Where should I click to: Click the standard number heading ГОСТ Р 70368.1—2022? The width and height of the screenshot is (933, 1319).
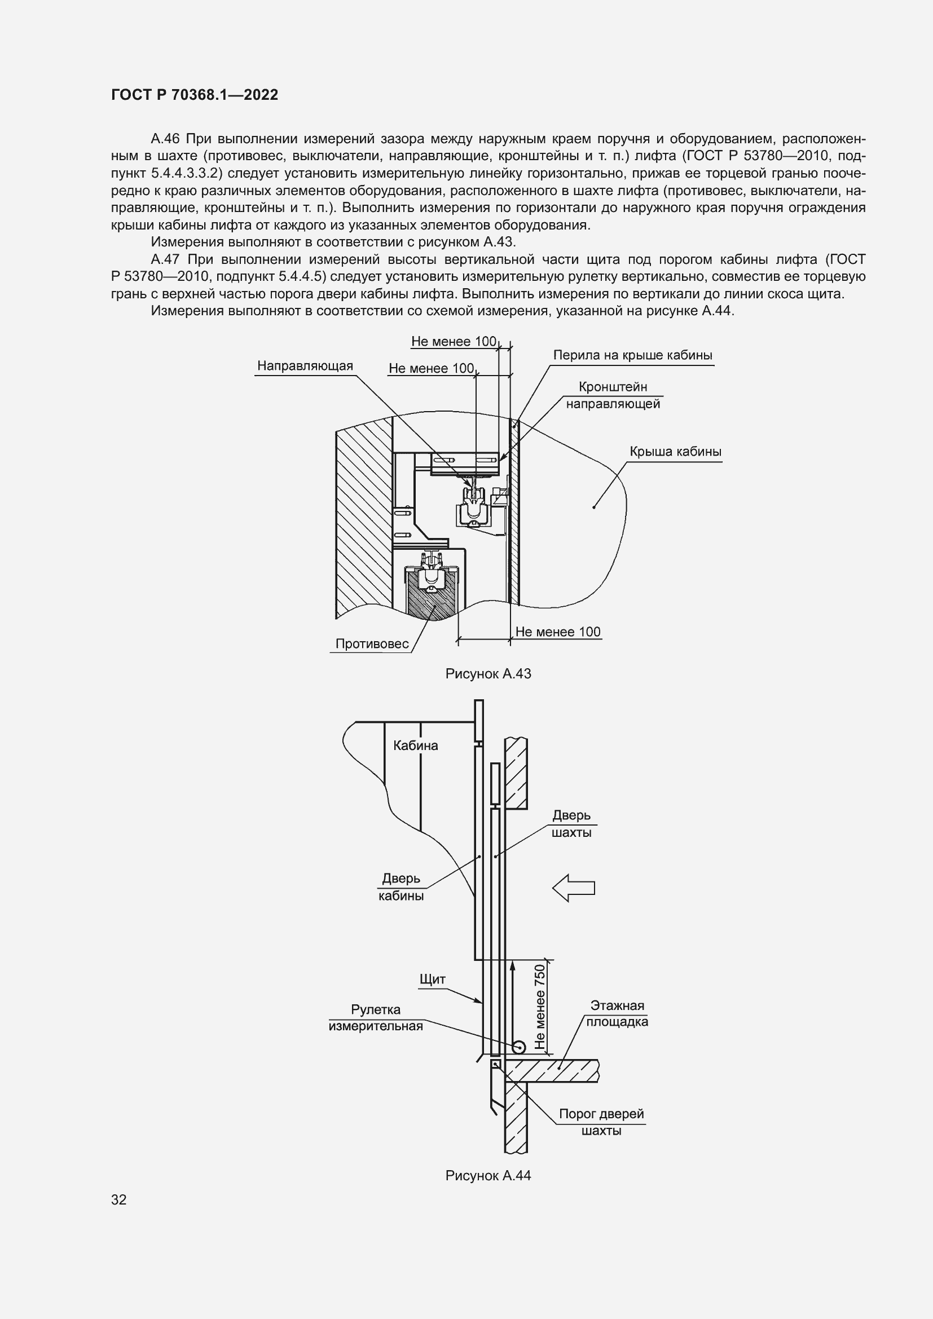click(194, 95)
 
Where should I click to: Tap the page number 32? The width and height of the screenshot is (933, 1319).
click(119, 1199)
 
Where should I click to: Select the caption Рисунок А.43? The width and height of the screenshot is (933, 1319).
click(488, 674)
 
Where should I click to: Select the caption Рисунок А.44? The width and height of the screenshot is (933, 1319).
click(488, 1175)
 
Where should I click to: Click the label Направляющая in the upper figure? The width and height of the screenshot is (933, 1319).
click(305, 366)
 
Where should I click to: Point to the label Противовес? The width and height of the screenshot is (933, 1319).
click(372, 644)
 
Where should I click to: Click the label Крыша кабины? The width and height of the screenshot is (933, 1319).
click(675, 452)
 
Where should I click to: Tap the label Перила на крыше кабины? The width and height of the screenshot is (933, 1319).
click(632, 355)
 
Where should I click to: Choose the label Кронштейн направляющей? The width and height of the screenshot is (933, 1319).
click(613, 395)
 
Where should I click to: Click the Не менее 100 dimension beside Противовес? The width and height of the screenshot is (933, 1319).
click(557, 632)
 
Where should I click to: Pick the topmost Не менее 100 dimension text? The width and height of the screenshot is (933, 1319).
click(454, 341)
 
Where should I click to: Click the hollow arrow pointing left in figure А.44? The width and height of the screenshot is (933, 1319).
click(573, 888)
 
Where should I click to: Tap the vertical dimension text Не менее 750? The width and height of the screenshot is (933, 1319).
click(539, 1007)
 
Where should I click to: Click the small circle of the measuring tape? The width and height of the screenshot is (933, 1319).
click(519, 1047)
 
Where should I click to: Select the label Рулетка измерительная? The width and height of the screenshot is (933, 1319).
click(375, 1017)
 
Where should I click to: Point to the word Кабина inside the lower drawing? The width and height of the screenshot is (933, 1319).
click(415, 745)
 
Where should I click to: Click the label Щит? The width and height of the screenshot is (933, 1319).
click(432, 979)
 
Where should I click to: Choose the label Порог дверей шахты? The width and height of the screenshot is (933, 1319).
click(601, 1122)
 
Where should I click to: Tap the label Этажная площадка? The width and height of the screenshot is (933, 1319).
click(617, 1013)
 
